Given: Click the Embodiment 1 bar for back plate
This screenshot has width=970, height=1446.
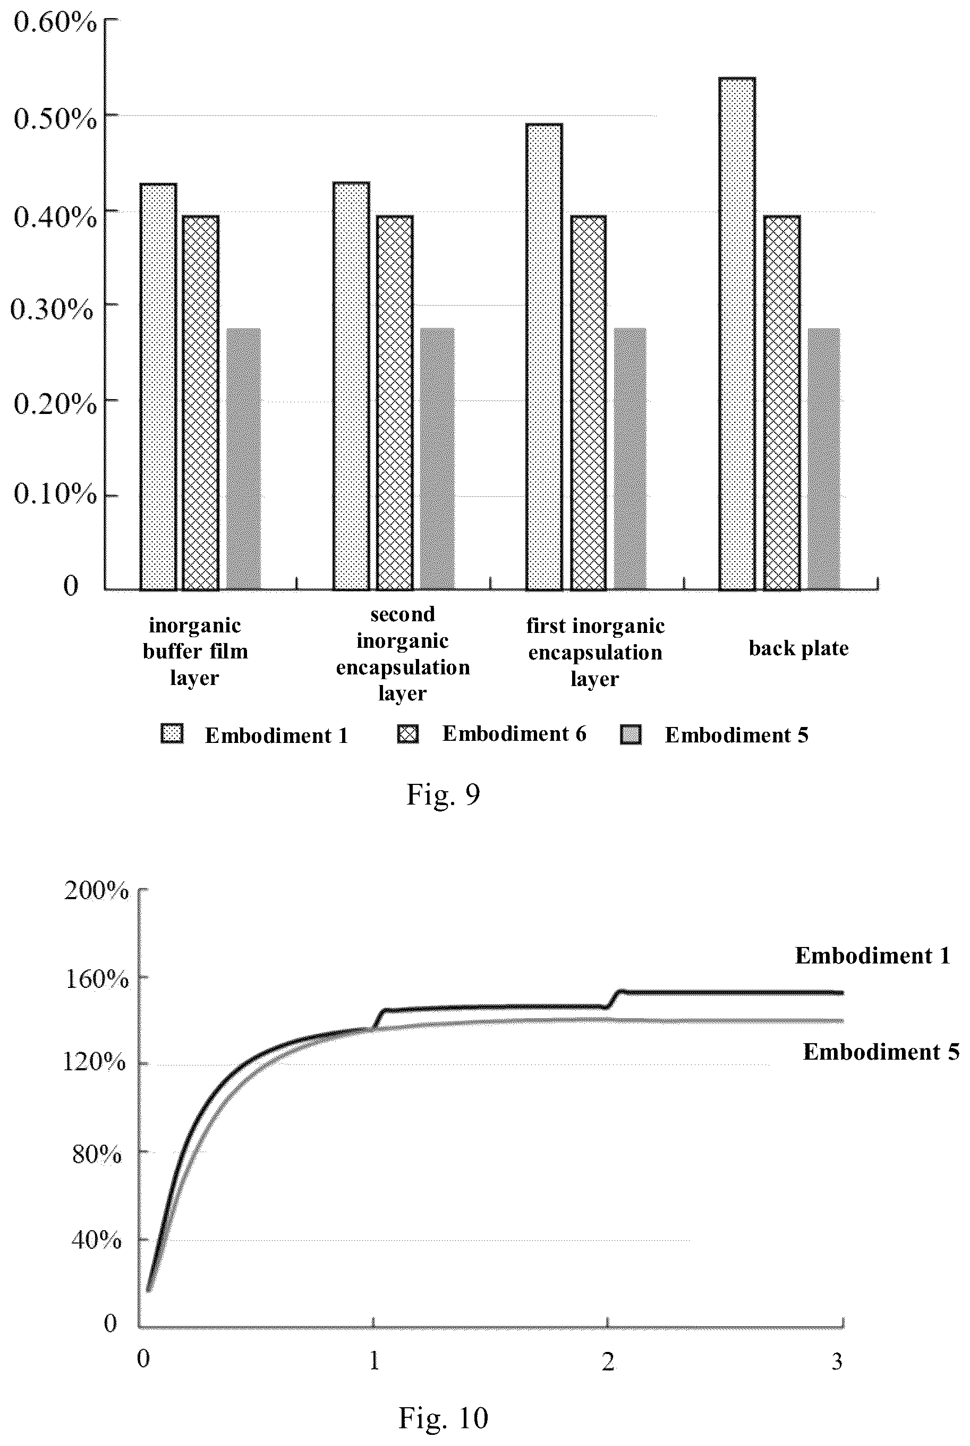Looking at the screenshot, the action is pyautogui.click(x=737, y=334).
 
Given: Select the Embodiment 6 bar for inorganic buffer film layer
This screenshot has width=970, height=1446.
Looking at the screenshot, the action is pyautogui.click(x=201, y=403).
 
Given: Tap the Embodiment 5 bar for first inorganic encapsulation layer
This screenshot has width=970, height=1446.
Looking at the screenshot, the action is pyautogui.click(x=630, y=459).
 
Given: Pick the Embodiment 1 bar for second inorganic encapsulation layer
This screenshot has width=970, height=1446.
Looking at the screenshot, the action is pyautogui.click(x=351, y=386).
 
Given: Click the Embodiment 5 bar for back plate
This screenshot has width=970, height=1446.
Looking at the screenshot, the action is pyautogui.click(x=824, y=459).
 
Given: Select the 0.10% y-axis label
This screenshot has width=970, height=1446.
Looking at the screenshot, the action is pyautogui.click(x=55, y=494).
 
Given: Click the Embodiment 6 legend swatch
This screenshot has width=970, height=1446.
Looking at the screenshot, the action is pyautogui.click(x=407, y=734).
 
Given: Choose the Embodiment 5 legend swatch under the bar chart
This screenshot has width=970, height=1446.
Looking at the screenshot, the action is pyautogui.click(x=631, y=734).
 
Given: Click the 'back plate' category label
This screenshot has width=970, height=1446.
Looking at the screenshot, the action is pyautogui.click(x=798, y=648).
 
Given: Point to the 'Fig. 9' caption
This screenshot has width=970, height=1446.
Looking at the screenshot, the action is pyautogui.click(x=443, y=794).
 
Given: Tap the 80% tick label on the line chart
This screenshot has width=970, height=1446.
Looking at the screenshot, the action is pyautogui.click(x=97, y=1154).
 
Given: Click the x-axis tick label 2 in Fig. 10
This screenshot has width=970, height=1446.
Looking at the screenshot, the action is pyautogui.click(x=608, y=1361).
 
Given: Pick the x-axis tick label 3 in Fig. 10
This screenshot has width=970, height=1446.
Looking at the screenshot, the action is pyautogui.click(x=837, y=1361).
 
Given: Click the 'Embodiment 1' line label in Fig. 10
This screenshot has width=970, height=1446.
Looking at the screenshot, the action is pyautogui.click(x=873, y=956).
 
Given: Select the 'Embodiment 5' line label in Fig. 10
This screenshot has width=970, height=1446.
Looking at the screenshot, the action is pyautogui.click(x=881, y=1052).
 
